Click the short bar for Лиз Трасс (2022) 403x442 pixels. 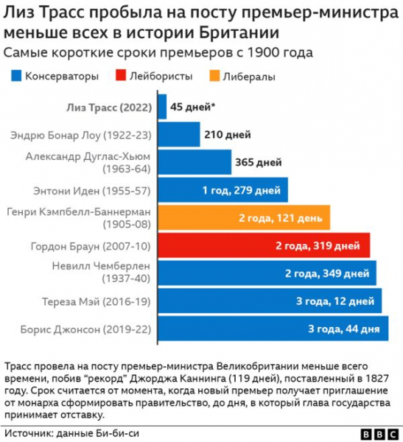click(x=161, y=107)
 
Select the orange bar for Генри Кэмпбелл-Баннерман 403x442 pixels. click(x=243, y=219)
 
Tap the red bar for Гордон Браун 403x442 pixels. click(x=263, y=246)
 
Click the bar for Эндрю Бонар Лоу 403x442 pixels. click(x=178, y=135)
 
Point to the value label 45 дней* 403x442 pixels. click(x=192, y=107)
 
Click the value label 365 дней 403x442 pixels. click(x=257, y=162)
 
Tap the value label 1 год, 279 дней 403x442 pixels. click(x=241, y=191)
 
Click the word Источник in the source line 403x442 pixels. click(x=29, y=434)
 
